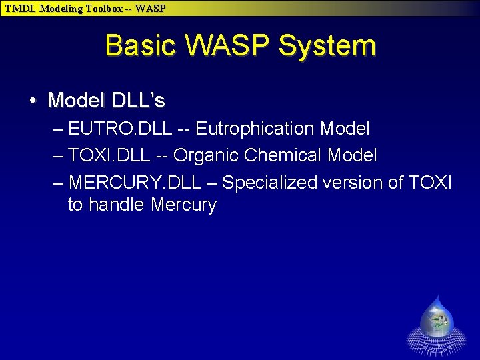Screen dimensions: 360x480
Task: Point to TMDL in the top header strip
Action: pyautogui.click(x=21, y=9)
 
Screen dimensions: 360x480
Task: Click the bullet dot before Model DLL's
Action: pyautogui.click(x=33, y=101)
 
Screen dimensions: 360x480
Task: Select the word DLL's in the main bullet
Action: pyautogui.click(x=138, y=101)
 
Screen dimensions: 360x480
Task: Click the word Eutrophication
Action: pyautogui.click(x=255, y=128)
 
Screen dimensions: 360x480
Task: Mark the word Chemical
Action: pyautogui.click(x=283, y=155)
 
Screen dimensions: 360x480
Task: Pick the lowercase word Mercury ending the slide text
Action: pyautogui.click(x=183, y=205)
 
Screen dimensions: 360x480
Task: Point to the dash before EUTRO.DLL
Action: pyautogui.click(x=58, y=128)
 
